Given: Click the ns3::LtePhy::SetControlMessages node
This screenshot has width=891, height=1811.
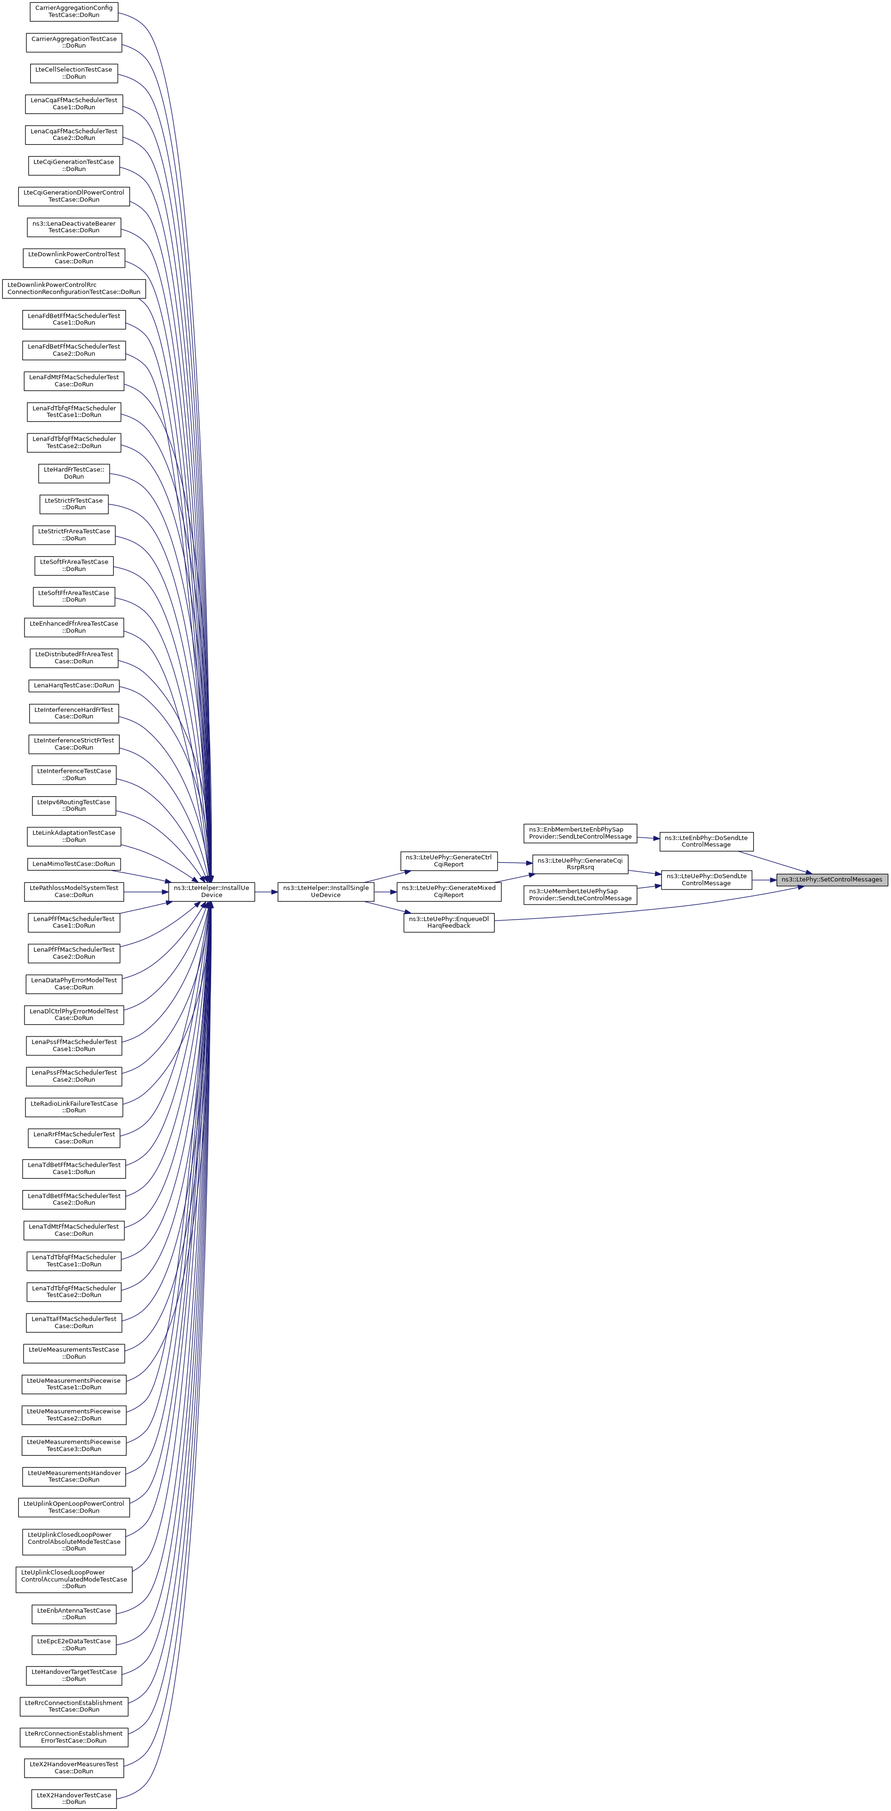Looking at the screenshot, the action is point(832,880).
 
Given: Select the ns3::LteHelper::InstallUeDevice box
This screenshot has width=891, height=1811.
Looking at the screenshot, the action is point(212,891).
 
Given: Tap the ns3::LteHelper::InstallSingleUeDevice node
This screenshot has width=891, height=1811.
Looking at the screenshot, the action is point(326,891).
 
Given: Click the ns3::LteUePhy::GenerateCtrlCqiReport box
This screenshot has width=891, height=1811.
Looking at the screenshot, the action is point(449,860).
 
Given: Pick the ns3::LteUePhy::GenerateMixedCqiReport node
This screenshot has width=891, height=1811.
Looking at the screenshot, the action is point(449,891).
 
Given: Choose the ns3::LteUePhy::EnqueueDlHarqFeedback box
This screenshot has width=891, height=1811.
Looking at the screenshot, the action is point(449,922).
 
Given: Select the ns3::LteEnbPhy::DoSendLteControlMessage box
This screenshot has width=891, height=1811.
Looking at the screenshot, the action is point(706,841).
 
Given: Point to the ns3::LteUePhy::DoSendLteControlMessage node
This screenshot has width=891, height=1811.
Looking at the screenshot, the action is point(706,880).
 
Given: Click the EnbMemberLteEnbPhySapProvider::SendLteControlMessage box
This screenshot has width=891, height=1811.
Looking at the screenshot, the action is point(580,833).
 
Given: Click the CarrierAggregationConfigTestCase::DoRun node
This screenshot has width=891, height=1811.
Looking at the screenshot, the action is point(74,11).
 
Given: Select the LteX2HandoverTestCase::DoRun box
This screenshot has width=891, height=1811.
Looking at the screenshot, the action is point(74,1798).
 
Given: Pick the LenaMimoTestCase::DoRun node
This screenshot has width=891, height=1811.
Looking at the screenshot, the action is point(74,863).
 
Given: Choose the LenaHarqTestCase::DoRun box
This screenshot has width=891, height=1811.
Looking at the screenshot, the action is point(74,685).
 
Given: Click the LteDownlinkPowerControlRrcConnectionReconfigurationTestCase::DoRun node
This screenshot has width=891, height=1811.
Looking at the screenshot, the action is point(74,288).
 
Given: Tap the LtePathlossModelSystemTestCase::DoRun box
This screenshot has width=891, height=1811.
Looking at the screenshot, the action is point(74,891).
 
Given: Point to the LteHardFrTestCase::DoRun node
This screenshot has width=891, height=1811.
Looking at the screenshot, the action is point(74,473).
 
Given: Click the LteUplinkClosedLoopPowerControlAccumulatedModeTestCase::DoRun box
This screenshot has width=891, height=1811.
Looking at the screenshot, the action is point(74,1579).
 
